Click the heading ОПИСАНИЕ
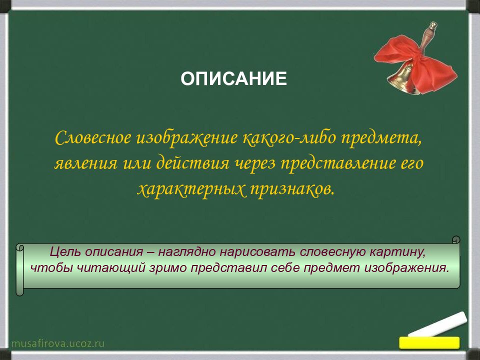(233, 78)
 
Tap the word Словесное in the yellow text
(93, 138)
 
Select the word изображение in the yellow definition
(187, 138)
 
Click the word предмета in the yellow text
(381, 138)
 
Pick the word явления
(85, 163)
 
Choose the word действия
(193, 162)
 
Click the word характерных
(191, 189)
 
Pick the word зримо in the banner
(168, 268)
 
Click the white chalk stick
(438, 325)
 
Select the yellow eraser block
(429, 342)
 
